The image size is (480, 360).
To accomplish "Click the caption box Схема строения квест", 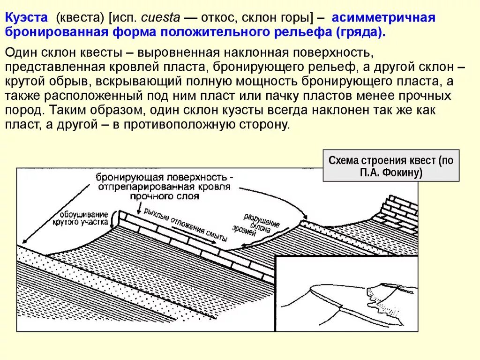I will (x=391, y=165).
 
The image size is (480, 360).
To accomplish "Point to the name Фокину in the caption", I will (x=404, y=172).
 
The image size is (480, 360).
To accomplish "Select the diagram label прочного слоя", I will (x=164, y=196).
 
